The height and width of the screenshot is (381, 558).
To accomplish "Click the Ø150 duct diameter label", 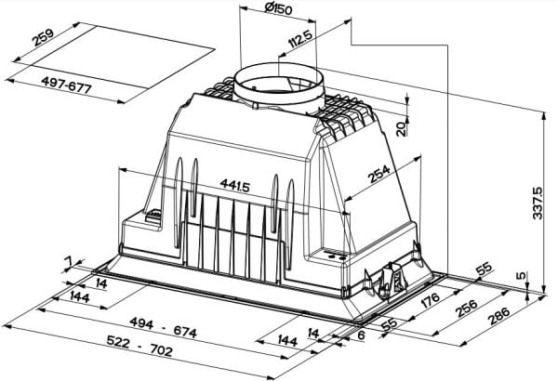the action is pos(278,8).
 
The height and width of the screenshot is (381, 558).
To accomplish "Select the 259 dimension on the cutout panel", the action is pos(43,38).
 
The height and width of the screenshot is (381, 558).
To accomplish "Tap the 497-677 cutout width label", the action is pos(67,85).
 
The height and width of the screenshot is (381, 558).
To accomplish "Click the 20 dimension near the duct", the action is pos(402,129).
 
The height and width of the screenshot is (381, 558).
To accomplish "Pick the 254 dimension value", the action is pos(379,174).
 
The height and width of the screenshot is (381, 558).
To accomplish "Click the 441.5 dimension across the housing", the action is pos(235,185).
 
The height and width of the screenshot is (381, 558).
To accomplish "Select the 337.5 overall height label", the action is pos(538,204).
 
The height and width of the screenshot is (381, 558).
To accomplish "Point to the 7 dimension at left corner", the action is pos(68,262).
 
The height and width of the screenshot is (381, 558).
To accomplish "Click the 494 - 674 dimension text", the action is pos(163,327).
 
